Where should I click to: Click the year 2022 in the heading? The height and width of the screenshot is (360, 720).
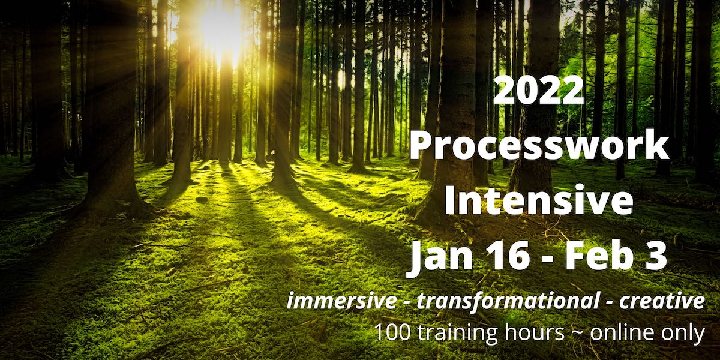pos(538,91)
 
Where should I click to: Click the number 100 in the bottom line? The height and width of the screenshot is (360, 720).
pos(392,332)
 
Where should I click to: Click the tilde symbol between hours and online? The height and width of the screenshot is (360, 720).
pos(577,333)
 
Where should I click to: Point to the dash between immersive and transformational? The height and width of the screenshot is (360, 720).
pos(406,304)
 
